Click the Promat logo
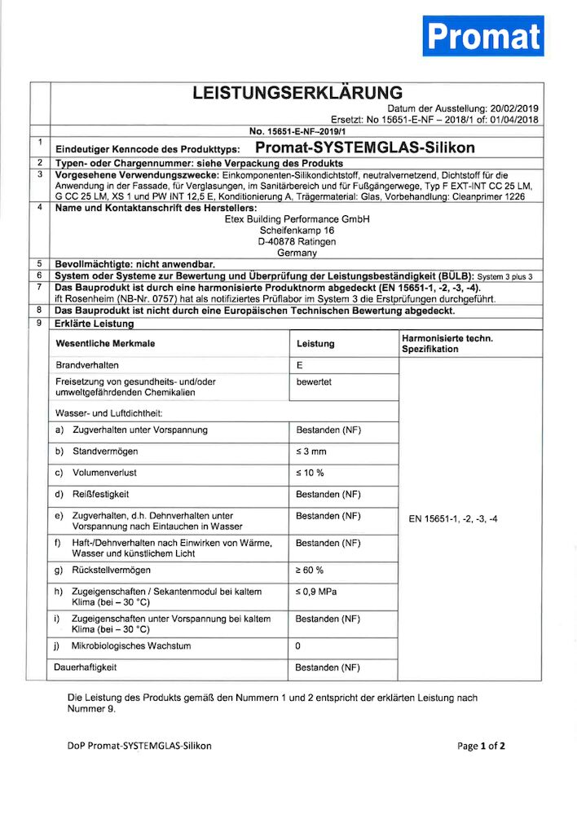(x=482, y=36)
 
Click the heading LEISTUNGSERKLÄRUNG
(x=297, y=93)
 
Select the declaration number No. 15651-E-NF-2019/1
(x=297, y=130)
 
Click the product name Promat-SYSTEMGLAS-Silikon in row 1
(x=364, y=148)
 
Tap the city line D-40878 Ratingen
(x=297, y=242)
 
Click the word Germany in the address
(x=297, y=253)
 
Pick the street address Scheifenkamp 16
(x=297, y=231)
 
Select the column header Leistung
(x=315, y=344)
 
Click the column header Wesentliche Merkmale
(x=104, y=344)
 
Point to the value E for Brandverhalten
(x=299, y=366)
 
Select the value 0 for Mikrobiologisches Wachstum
(x=298, y=646)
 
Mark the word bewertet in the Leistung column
(x=314, y=381)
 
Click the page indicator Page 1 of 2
(x=482, y=746)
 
